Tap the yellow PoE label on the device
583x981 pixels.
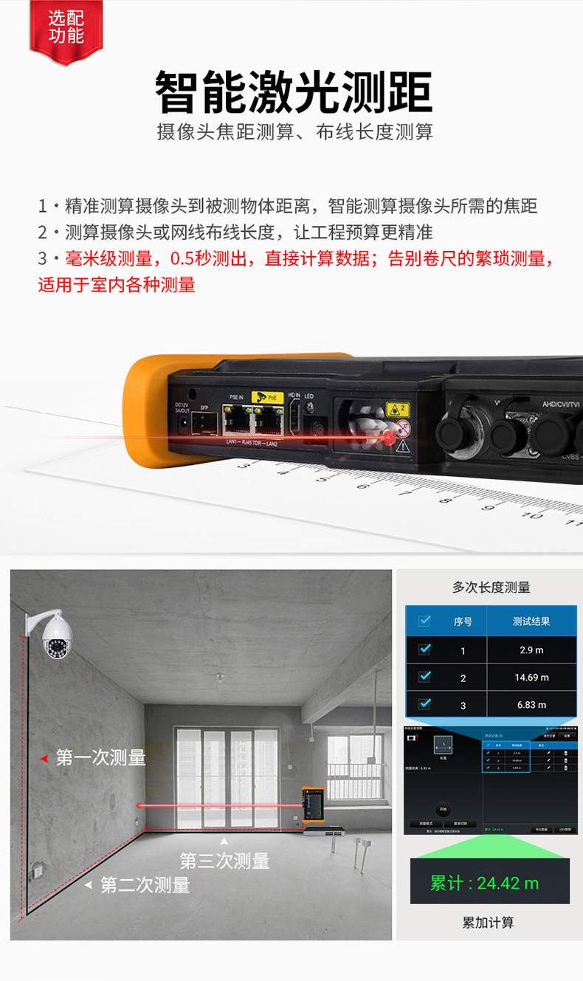click(x=266, y=398)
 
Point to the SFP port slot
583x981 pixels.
click(x=202, y=424)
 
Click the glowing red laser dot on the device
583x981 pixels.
click(x=389, y=439)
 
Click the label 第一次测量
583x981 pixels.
click(x=100, y=757)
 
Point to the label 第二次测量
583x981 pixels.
click(x=145, y=884)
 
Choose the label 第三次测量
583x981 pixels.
click(x=224, y=861)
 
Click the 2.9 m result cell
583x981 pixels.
click(x=531, y=650)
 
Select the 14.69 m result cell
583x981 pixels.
click(x=531, y=677)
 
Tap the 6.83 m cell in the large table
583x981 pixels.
click(x=531, y=704)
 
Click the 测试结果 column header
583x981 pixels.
click(x=531, y=622)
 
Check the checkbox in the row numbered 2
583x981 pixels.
click(x=424, y=676)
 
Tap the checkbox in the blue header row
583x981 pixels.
click(x=424, y=621)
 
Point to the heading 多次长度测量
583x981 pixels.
click(x=491, y=588)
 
